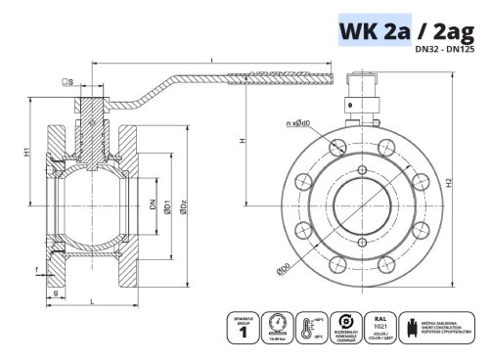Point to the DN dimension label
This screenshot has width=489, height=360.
pos(152,205)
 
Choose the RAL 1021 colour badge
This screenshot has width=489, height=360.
pos(380,326)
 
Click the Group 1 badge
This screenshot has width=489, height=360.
pos(242,327)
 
